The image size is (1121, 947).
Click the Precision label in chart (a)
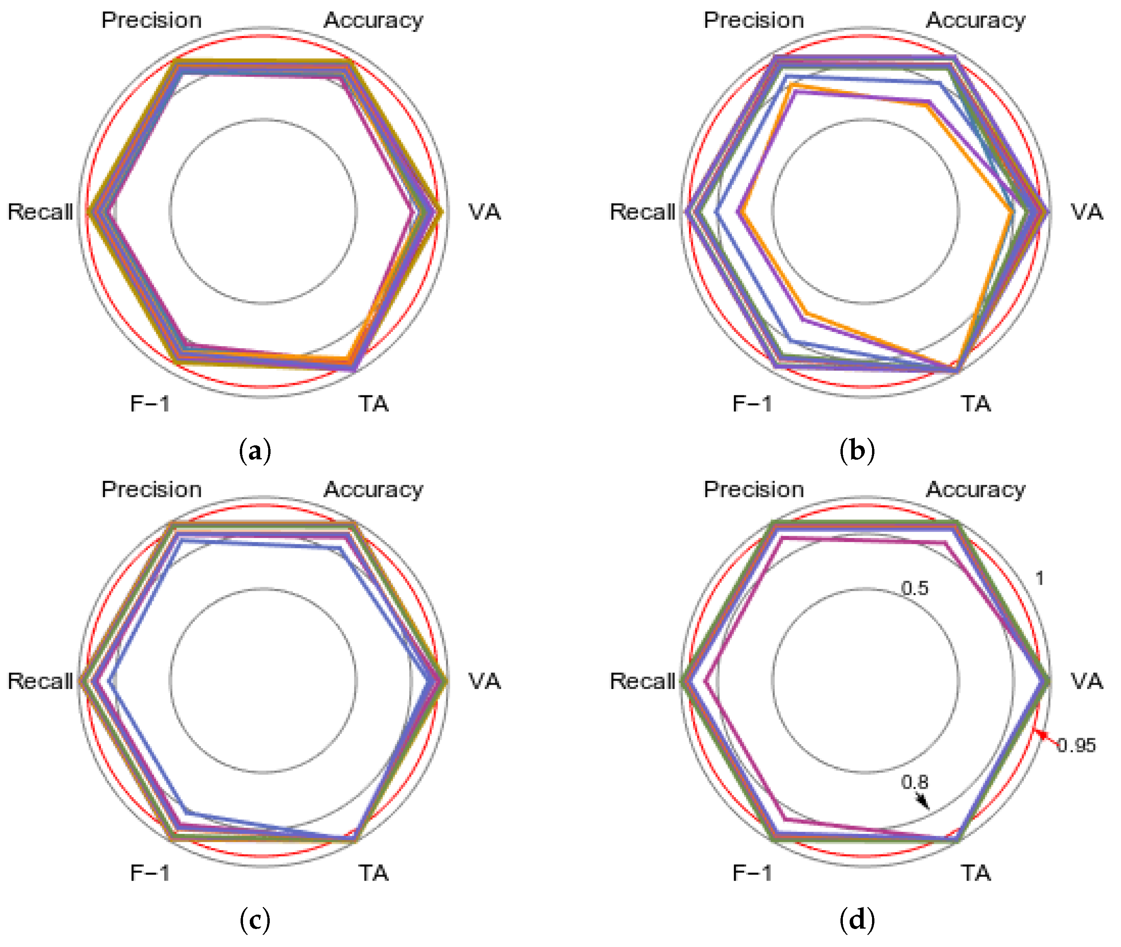pos(151,20)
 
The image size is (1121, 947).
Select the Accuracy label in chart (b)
pos(976,20)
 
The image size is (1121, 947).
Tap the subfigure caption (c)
pos(255,920)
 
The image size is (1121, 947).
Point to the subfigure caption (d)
pos(857,920)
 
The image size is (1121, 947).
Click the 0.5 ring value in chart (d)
pos(914,588)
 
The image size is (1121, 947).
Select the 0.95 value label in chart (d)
pos(1076,746)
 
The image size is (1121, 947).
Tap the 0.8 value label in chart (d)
pos(914,782)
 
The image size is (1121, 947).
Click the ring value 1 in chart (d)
pos(1040,579)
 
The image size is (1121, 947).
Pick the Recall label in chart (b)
pos(642,212)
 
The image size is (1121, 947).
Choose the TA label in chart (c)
pos(373,873)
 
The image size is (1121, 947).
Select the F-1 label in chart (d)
pos(752,873)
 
